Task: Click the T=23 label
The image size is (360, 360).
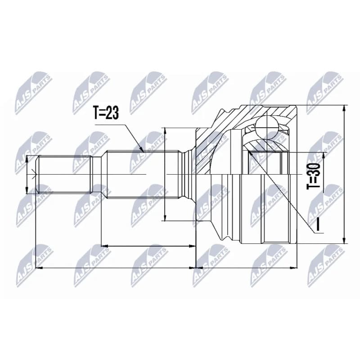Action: [x=106, y=113]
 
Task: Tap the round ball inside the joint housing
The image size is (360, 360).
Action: [x=266, y=127]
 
